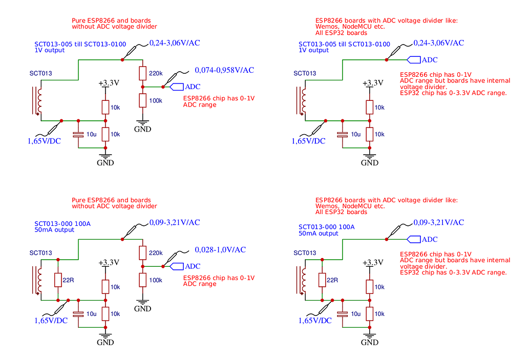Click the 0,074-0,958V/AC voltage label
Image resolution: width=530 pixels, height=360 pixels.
tap(224, 70)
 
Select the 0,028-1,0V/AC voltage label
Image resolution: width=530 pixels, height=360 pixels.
tap(220, 250)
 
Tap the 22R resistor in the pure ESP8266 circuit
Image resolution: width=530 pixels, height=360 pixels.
tap(59, 280)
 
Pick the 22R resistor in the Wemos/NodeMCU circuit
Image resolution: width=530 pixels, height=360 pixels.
tap(322, 280)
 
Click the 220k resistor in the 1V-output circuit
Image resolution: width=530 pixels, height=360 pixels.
tap(143, 73)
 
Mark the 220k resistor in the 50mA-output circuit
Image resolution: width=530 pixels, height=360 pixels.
tap(143, 252)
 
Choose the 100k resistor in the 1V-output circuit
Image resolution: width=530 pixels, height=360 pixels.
tap(143, 100)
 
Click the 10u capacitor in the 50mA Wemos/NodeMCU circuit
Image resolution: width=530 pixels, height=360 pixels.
tap(342, 313)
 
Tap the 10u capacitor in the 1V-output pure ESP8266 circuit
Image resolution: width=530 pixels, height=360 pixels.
tap(78, 134)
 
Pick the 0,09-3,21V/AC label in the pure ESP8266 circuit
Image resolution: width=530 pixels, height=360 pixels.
tap(174, 223)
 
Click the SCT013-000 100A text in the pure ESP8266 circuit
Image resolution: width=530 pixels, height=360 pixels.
tap(63, 224)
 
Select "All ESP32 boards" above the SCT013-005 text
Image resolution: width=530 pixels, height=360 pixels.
tap(341, 33)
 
